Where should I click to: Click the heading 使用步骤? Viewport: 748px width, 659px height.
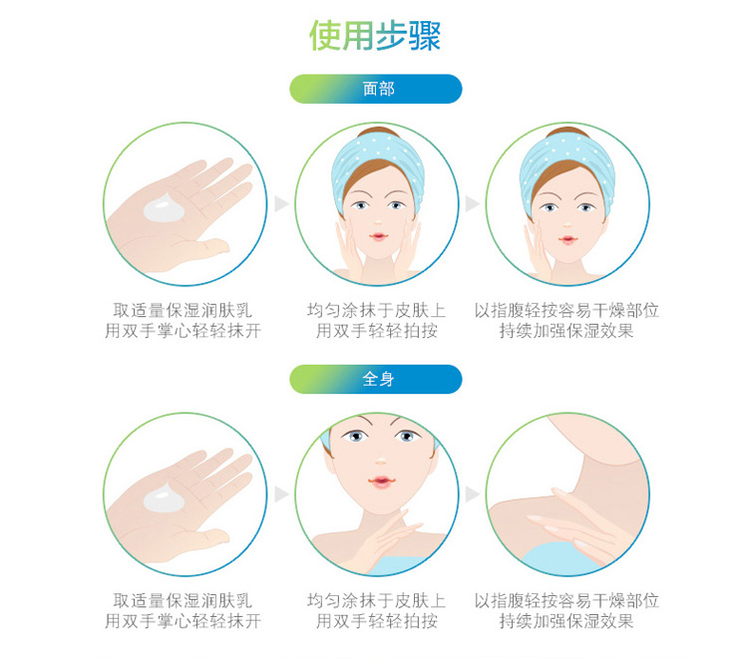375,36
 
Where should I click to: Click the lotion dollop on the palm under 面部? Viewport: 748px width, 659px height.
164,208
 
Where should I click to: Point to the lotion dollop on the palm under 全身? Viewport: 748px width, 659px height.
164,497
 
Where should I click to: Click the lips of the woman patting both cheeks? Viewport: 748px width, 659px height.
378,236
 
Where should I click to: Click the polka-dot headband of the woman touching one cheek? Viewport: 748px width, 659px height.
566,163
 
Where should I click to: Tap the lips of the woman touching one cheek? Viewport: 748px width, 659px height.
567,239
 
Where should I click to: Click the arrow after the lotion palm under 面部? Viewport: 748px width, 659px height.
281,203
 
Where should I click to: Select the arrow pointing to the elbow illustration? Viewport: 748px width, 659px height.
473,494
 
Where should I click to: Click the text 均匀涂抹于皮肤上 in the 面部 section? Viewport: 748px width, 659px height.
376,310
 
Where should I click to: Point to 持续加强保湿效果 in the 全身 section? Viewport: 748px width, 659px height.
566,621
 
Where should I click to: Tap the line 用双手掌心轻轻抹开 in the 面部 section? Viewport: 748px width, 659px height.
183,330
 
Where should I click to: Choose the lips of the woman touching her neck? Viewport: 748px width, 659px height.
380,482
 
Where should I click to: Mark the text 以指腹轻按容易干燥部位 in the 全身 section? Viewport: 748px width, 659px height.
566,601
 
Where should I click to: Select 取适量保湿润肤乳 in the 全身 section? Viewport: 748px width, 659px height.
183,601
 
